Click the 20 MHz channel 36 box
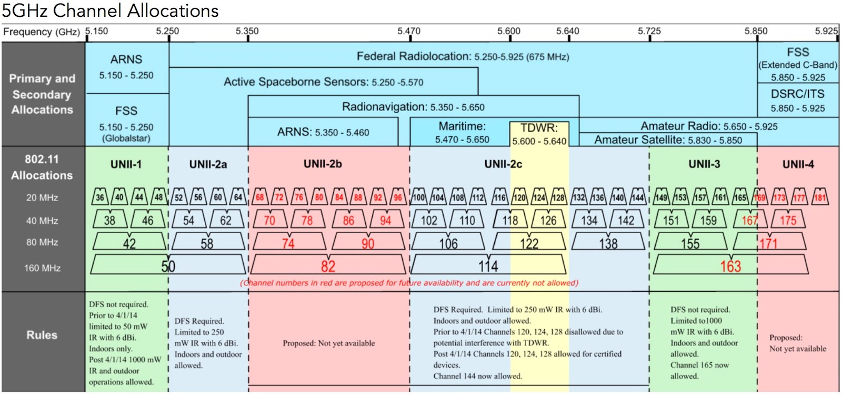[x=99, y=197]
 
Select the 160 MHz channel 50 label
[x=168, y=266]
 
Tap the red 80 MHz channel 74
[x=288, y=243]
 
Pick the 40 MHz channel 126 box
[x=548, y=220]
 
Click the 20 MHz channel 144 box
[x=638, y=197]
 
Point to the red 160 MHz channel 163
[x=730, y=266]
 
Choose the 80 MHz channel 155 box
[x=690, y=243]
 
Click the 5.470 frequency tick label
[x=408, y=31]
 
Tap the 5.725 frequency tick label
[x=649, y=31]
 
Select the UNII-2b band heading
[x=323, y=164]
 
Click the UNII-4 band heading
[x=798, y=164]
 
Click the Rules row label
[x=42, y=335]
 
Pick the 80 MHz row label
[x=42, y=242]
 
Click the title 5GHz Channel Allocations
[x=110, y=11]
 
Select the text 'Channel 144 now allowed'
[x=477, y=376]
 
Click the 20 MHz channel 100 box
[x=418, y=197]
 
